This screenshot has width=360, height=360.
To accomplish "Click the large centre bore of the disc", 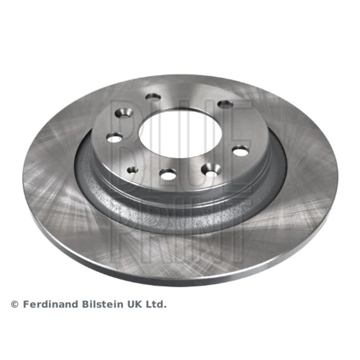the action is (x=180, y=135).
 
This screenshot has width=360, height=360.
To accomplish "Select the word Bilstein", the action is (x=103, y=305).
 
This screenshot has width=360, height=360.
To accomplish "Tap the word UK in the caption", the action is (x=134, y=305).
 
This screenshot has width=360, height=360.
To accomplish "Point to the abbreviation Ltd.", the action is (x=156, y=305).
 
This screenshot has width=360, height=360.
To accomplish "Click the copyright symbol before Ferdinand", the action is (x=15, y=305).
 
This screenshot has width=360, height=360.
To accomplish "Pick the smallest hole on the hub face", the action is (x=132, y=170).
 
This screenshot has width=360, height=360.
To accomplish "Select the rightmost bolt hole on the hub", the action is (x=241, y=151).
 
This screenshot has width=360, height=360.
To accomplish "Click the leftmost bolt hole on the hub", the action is (x=114, y=138).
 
